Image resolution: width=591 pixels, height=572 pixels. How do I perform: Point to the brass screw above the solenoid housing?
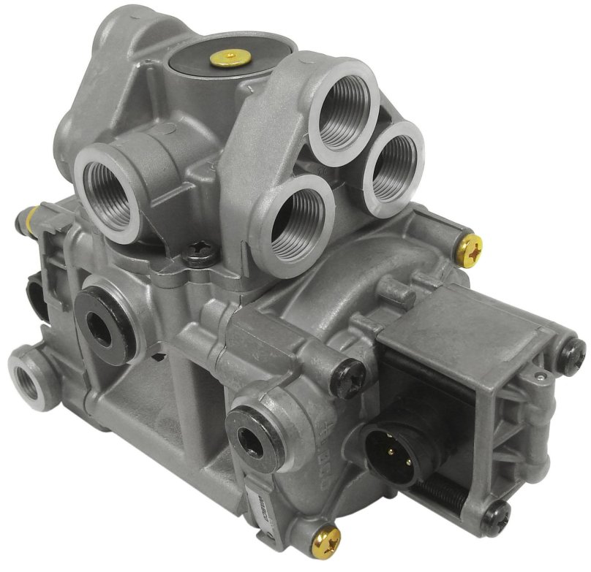(470, 249)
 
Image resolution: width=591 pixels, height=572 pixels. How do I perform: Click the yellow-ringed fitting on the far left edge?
(29, 215)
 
